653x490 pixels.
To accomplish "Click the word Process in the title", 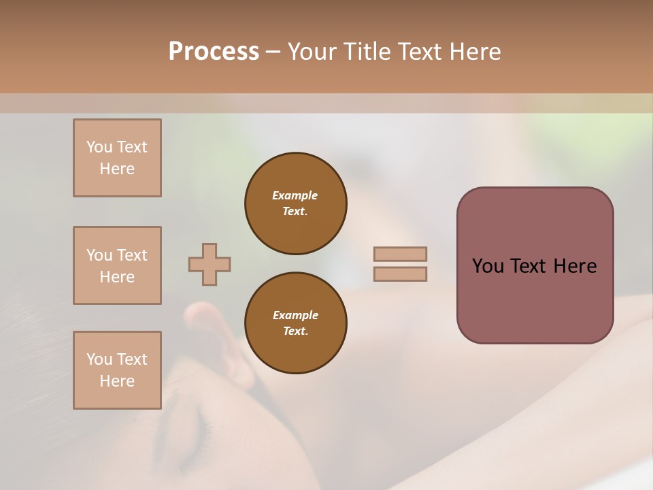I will tap(214, 52).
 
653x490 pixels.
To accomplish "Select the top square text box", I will tap(117, 158).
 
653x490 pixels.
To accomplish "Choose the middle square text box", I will tap(117, 265).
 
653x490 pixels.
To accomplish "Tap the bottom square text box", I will tap(117, 370).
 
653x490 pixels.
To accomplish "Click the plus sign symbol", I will tap(210, 264).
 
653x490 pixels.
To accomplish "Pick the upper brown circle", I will tap(296, 203).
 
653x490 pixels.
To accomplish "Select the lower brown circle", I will tap(296, 323).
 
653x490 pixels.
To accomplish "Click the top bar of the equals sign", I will tap(401, 255).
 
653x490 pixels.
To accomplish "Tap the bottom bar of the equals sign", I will tap(401, 274).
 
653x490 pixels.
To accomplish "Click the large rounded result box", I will tap(535, 265).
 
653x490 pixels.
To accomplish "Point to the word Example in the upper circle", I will tap(295, 195).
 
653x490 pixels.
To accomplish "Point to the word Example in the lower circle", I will tap(295, 315).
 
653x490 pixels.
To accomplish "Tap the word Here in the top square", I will tap(117, 169).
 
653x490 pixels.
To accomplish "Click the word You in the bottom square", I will tap(99, 359).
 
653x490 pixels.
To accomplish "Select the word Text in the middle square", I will tap(132, 255).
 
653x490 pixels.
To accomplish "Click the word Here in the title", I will tap(476, 52).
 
